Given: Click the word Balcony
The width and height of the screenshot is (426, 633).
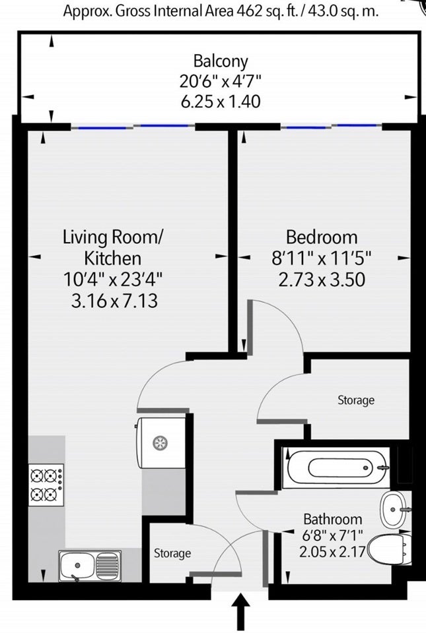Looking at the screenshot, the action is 221,61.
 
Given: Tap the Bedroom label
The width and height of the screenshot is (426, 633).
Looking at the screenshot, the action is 322,237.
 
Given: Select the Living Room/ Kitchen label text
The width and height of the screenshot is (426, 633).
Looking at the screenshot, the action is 113,247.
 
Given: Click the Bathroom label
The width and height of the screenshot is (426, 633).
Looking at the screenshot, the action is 333,519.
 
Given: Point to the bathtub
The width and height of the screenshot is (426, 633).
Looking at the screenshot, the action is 337,468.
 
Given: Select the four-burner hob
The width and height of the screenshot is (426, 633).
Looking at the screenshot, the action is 46,485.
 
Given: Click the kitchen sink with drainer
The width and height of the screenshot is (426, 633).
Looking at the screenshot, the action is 90,566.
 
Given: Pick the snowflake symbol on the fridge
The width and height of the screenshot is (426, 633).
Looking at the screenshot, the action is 160,443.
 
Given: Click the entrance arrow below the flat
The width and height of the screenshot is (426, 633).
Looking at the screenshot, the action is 241,611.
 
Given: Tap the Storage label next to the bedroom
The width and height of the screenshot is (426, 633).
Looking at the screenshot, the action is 356,400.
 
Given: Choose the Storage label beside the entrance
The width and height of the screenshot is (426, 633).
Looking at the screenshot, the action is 172,553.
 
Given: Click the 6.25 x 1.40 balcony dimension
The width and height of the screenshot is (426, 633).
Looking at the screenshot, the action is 221,101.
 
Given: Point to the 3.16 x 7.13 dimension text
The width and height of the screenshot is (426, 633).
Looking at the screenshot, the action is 114,301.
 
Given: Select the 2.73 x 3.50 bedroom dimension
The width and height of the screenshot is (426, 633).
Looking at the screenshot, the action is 322,280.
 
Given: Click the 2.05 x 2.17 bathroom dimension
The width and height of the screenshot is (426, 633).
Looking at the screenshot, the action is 333,551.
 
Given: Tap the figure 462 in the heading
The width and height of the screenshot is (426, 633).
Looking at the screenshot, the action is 250,11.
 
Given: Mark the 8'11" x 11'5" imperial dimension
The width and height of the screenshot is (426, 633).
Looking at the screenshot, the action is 322,258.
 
